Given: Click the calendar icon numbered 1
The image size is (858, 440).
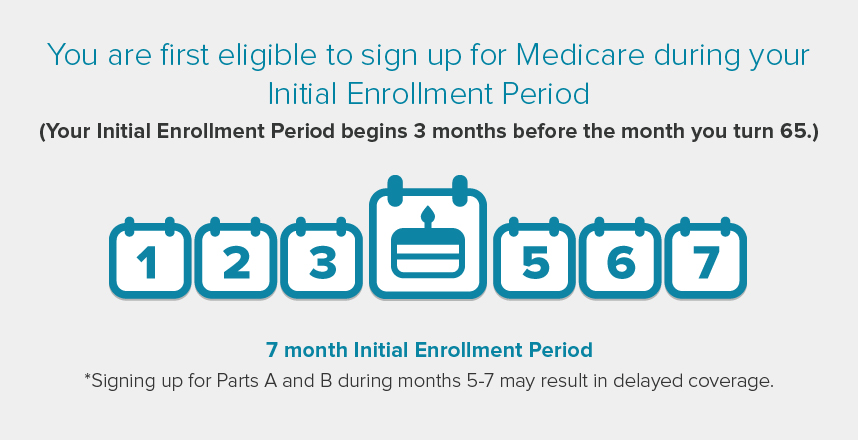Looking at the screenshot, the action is tap(150, 258).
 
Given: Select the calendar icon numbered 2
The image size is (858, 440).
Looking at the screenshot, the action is tap(236, 258).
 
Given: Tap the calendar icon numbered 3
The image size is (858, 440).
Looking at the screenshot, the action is tap(322, 258).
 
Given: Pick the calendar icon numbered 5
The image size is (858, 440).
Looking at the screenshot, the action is tap(535, 258).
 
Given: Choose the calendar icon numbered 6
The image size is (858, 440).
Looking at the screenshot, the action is tap(620, 258).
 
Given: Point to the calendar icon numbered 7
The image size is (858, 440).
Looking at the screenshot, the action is tap(706, 258).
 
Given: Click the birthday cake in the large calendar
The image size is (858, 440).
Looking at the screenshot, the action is tap(428, 253).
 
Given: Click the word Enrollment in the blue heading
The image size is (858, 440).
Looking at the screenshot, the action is tap(419, 94).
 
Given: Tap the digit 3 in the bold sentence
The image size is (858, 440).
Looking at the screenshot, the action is tap(419, 131).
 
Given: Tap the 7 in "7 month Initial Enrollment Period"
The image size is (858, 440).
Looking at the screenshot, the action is tap(272, 350).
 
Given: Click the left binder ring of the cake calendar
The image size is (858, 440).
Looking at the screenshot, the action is tap(395, 189).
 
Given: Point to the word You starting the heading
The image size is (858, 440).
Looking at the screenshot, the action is tap(72, 55).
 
